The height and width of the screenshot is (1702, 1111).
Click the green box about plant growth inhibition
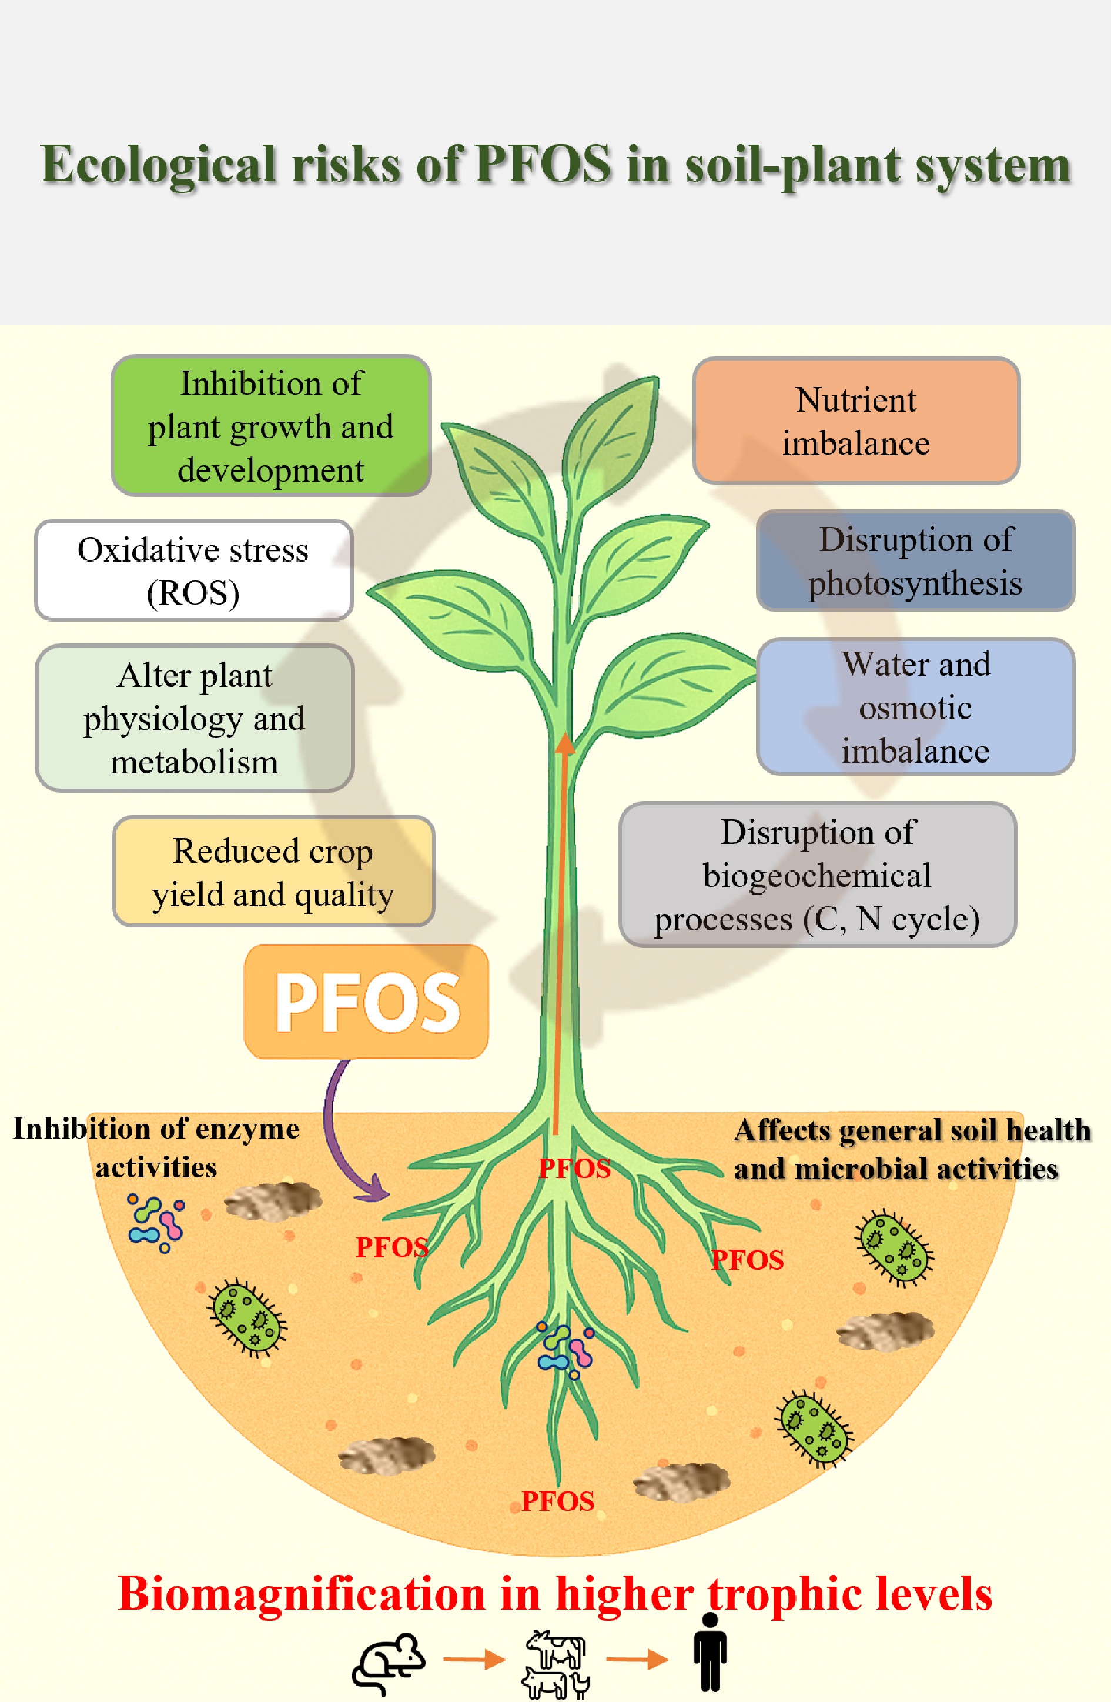(270, 426)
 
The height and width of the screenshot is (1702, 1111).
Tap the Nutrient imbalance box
(856, 421)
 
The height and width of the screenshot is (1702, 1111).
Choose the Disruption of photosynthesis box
(915, 560)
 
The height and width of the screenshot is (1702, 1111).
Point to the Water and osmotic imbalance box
(915, 706)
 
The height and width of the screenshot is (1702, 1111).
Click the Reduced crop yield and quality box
(273, 872)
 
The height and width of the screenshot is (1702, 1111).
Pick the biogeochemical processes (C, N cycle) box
(817, 875)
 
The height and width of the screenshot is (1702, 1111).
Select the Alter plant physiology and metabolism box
(195, 718)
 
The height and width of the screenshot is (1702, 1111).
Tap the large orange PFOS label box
(367, 1001)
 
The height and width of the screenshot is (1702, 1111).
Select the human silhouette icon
(710, 1652)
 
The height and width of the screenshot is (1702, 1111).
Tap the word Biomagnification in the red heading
(301, 1593)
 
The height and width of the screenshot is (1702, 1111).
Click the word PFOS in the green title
(543, 165)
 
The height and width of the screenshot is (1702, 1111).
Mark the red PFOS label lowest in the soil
(558, 1500)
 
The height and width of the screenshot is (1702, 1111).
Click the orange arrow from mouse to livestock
(473, 1659)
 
